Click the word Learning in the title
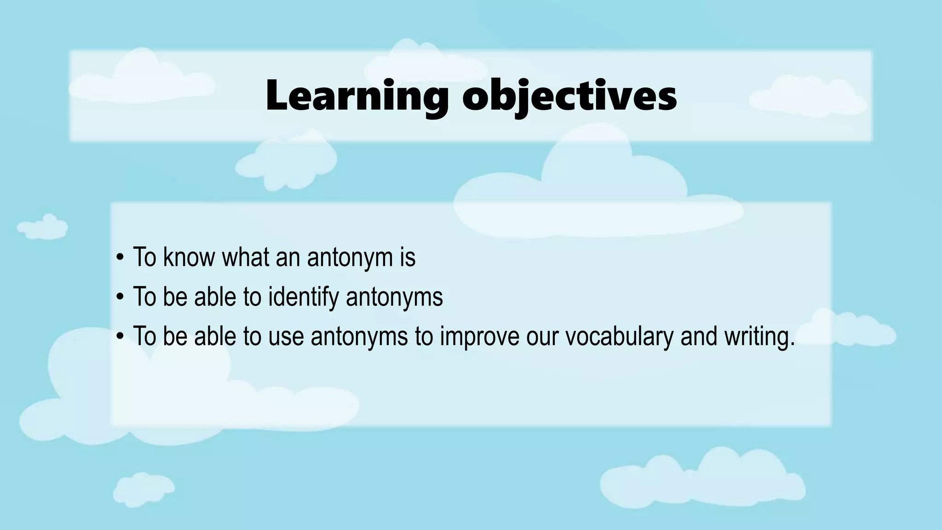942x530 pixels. pos(357,96)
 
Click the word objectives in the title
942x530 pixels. pos(569,96)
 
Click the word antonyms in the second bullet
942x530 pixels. pos(394,297)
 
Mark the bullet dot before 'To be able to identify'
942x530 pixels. pos(120,297)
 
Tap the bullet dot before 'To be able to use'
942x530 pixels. pos(120,337)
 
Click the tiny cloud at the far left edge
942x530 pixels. pos(42,227)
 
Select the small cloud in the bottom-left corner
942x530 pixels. pos(143,489)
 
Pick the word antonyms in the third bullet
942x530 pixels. pos(359,336)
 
